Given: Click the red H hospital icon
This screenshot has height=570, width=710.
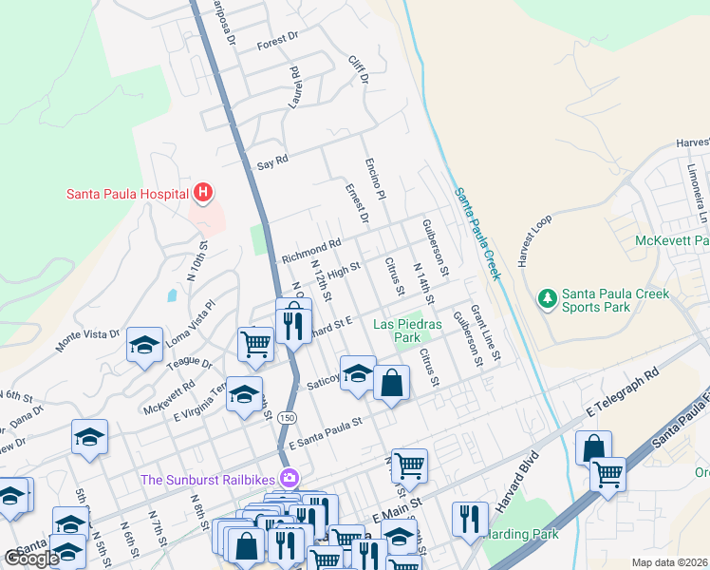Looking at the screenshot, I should [x=202, y=193].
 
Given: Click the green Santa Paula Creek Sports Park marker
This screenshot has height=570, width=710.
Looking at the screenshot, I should [x=547, y=299].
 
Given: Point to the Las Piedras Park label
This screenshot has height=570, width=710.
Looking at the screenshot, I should [x=407, y=330].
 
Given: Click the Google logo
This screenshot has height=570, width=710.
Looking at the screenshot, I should [x=31, y=559].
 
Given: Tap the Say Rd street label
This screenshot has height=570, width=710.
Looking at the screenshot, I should [x=272, y=162].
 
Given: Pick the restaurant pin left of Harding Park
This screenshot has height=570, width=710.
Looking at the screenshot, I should [x=469, y=518].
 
